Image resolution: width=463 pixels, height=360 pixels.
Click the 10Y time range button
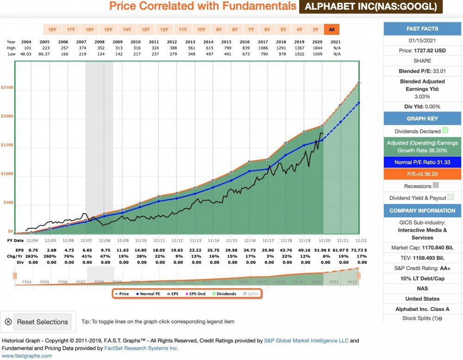point(201,30)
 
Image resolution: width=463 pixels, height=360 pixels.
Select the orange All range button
point(332,30)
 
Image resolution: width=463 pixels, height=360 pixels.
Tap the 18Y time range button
point(52,30)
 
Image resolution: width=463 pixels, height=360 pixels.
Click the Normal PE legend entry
point(148,294)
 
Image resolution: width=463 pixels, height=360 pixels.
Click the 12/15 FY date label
point(231,240)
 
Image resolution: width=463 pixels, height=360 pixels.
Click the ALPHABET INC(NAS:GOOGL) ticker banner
point(371,6)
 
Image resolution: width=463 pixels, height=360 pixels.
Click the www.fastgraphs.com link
point(27,356)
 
